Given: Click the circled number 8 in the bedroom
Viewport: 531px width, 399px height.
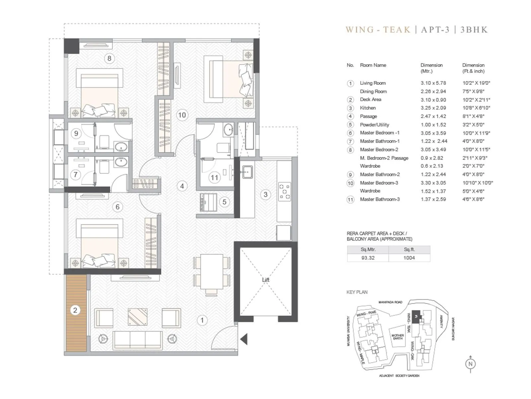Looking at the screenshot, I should point(110,59).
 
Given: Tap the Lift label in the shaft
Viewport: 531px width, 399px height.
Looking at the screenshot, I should point(265,280).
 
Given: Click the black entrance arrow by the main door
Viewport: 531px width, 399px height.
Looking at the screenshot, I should point(244,339).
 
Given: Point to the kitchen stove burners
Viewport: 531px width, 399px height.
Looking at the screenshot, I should point(284,192).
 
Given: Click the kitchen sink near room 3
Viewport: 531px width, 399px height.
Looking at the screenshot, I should point(247,172).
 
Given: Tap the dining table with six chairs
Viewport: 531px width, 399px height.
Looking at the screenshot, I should point(212,272).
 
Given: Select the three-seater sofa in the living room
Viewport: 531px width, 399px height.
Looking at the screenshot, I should point(138,339).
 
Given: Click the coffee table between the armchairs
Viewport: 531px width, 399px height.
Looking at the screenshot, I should point(137,317).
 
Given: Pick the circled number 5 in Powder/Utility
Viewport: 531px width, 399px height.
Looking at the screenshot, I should point(224,202).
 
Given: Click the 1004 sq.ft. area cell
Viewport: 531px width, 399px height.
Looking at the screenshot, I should point(409,258).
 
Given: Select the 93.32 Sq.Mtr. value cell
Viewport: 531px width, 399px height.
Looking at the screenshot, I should point(368,258).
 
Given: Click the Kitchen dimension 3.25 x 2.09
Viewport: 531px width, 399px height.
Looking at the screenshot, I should point(433,108).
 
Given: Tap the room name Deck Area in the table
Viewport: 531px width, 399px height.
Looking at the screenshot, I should point(370,99).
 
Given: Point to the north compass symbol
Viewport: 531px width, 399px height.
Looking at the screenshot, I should point(470,364).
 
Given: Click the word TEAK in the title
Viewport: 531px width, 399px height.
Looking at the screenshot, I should point(397,30).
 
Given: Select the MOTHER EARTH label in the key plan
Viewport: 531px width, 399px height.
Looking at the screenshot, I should point(398,337).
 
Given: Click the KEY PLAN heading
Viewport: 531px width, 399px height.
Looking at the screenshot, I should point(357,292).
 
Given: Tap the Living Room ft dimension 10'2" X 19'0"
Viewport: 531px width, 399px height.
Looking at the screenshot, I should point(476,83).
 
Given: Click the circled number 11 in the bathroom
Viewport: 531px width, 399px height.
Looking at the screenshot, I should point(214,178).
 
